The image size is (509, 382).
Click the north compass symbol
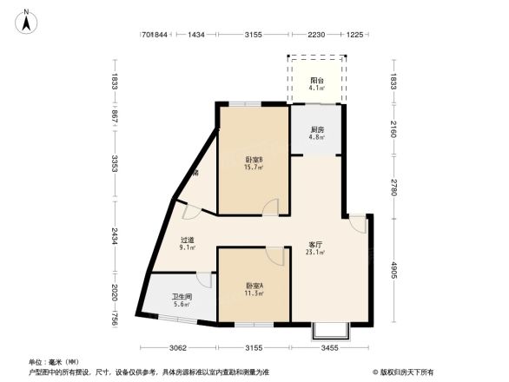[x=27, y=19]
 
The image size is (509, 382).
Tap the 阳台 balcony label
[x=317, y=81]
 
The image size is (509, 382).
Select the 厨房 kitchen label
[x=317, y=130]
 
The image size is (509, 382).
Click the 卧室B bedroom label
[x=254, y=160]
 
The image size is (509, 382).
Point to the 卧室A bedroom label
[x=254, y=286]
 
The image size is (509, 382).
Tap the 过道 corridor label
[x=187, y=240]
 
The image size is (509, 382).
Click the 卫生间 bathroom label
[x=182, y=296]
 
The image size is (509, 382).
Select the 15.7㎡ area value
[x=254, y=168]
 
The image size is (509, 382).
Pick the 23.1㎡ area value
[x=315, y=253]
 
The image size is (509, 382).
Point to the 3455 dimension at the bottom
[x=329, y=348]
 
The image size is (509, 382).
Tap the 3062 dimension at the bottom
[x=179, y=348]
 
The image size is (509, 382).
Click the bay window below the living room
[x=331, y=330]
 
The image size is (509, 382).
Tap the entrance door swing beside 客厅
[x=357, y=223]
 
